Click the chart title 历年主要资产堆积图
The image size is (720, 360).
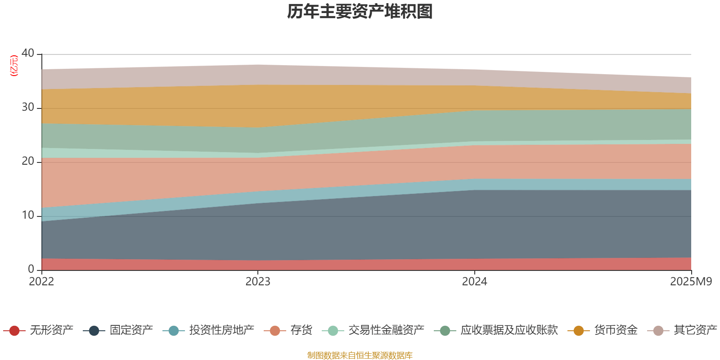(x=360, y=12)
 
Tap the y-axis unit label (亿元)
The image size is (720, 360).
(x=14, y=66)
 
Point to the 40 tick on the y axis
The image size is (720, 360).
(x=28, y=53)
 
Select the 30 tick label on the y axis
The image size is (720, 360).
(x=28, y=107)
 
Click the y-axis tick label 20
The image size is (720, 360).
(x=28, y=161)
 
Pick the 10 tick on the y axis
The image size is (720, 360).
(x=28, y=215)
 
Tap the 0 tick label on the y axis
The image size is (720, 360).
(x=31, y=269)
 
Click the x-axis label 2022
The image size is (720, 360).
(x=41, y=282)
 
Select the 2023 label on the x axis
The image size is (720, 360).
(x=258, y=282)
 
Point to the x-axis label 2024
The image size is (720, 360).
(x=474, y=282)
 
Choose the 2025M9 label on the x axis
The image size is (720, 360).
(x=691, y=282)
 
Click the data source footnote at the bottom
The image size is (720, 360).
(x=360, y=355)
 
